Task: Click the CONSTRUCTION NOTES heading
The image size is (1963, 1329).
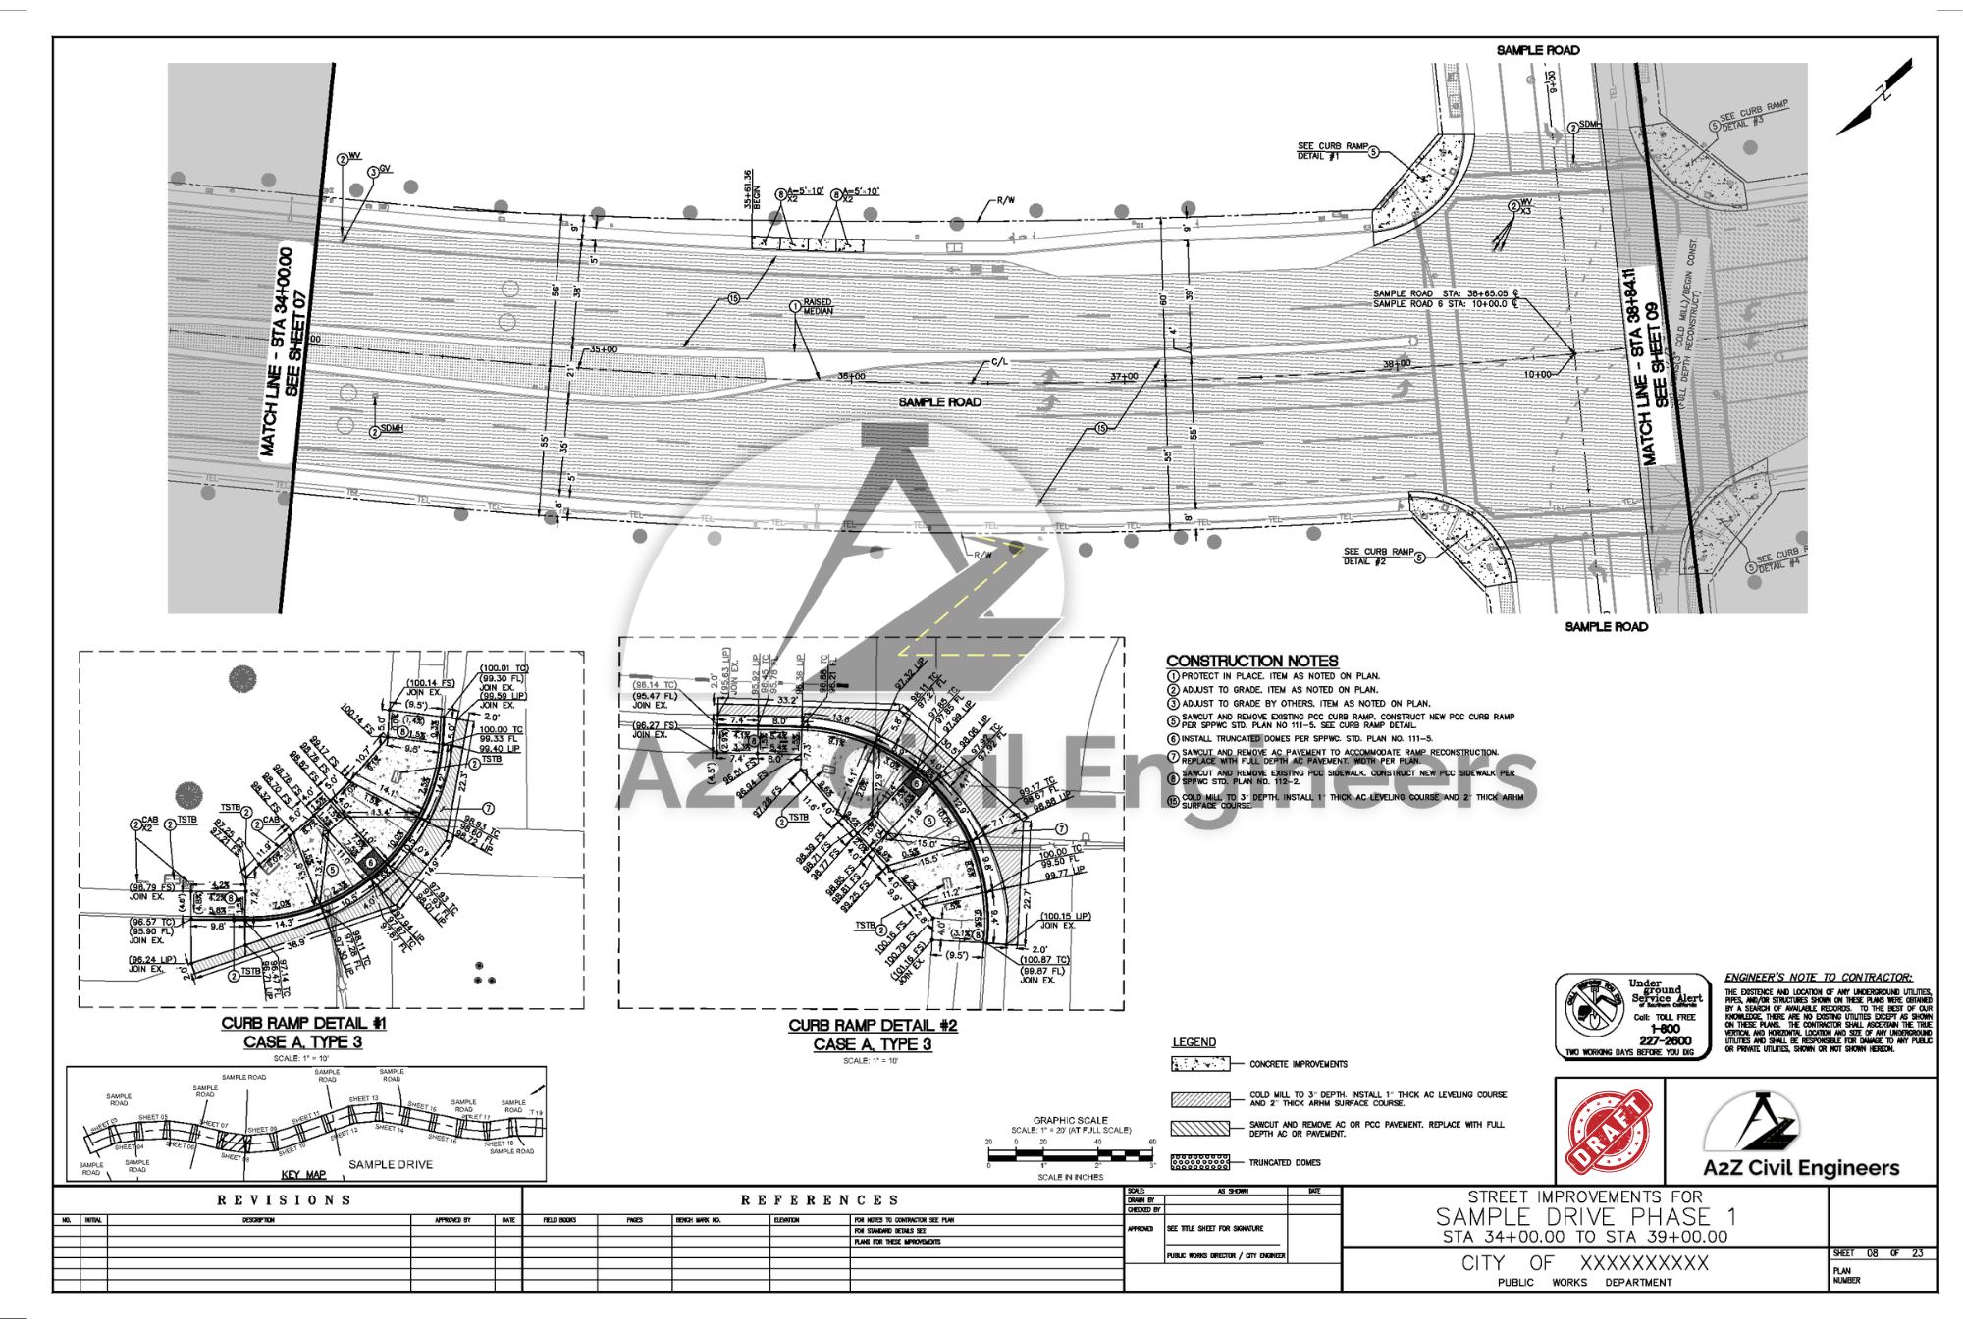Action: (x=1251, y=661)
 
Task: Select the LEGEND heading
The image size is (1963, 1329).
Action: (x=1194, y=1042)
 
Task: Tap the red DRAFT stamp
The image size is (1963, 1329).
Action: (x=1610, y=1132)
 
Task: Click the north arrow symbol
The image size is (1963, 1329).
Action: (x=1876, y=98)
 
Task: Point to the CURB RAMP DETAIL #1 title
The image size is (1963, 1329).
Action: (x=303, y=1023)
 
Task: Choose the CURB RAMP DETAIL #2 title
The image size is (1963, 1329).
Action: (x=873, y=1025)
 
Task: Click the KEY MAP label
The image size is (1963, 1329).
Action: (x=303, y=1175)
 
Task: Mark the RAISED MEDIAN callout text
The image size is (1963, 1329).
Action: (x=818, y=307)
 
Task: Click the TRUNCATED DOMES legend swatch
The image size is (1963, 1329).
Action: (x=1199, y=1163)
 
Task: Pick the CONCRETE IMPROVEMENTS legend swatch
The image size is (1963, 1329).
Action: (x=1199, y=1064)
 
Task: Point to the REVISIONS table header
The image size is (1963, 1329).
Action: (x=285, y=1200)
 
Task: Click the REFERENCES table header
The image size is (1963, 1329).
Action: (x=820, y=1200)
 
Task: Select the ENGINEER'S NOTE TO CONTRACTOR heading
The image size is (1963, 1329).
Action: (x=1818, y=978)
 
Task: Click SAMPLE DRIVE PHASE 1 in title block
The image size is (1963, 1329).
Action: (x=1585, y=1217)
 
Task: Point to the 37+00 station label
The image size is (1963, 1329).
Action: (x=1124, y=377)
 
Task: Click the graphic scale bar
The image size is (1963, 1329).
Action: (x=1071, y=1154)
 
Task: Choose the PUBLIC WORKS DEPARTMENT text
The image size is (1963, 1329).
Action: (x=1584, y=1282)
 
